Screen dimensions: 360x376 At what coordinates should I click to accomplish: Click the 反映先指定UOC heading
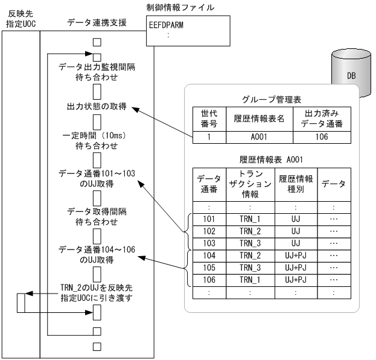(x=20, y=18)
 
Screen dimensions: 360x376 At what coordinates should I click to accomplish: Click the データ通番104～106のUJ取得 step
(x=97, y=254)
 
